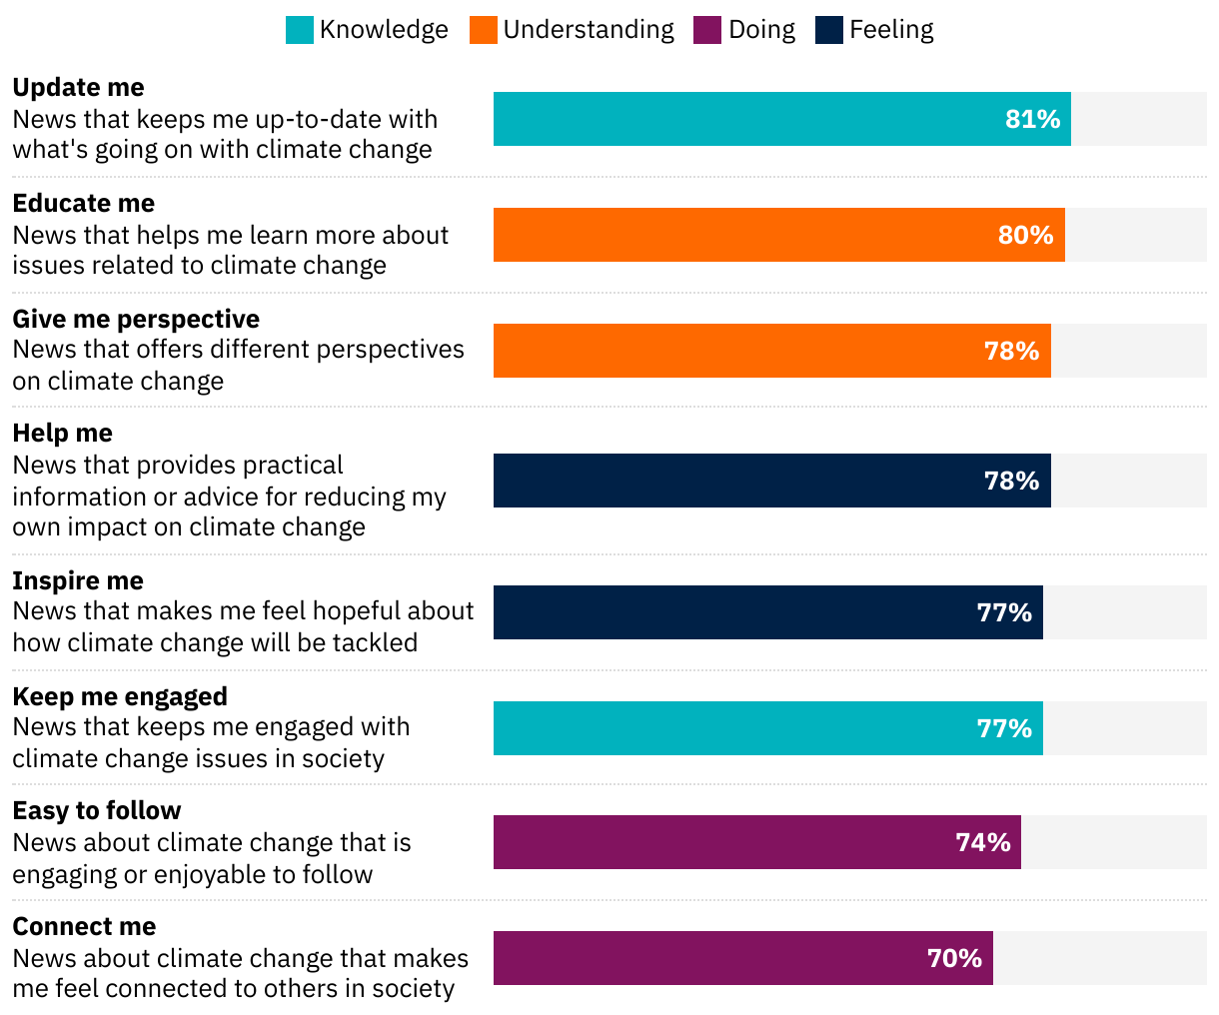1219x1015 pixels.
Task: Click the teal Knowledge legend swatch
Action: click(x=300, y=30)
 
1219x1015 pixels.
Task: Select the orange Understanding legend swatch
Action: click(x=484, y=30)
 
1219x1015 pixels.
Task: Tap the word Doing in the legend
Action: click(x=761, y=30)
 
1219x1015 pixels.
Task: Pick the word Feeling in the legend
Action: click(x=891, y=30)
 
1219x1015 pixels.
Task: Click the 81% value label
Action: click(x=1032, y=120)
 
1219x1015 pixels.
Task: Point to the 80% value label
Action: click(x=1025, y=236)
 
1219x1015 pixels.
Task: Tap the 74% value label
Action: click(x=983, y=843)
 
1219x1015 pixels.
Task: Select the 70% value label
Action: click(x=954, y=959)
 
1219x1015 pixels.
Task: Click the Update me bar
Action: click(x=749, y=120)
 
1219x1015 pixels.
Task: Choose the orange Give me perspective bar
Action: click(x=739, y=352)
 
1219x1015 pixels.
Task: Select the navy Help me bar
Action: click(x=739, y=482)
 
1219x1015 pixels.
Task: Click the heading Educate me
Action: click(x=84, y=204)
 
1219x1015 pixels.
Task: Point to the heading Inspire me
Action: click(x=78, y=581)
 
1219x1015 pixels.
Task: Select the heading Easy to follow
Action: click(x=97, y=811)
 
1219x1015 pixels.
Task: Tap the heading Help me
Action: click(x=62, y=434)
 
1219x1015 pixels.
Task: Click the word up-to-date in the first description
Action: click(x=318, y=120)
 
